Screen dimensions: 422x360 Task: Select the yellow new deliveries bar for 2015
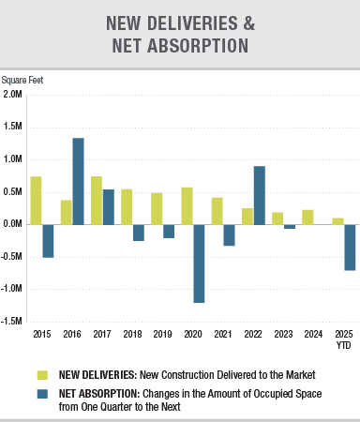click(x=36, y=200)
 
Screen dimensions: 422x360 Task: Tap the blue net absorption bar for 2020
click(x=199, y=264)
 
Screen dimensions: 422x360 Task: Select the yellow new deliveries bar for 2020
click(x=187, y=205)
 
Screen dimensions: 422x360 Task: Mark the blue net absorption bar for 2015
click(x=48, y=241)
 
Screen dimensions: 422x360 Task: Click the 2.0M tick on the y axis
click(x=13, y=95)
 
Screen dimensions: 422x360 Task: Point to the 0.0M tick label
click(x=13, y=224)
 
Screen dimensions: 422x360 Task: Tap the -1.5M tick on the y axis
click(x=12, y=321)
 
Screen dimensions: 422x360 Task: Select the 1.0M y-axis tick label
click(x=13, y=159)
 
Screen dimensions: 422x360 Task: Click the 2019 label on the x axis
click(x=163, y=334)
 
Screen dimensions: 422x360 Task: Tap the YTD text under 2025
click(x=344, y=343)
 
